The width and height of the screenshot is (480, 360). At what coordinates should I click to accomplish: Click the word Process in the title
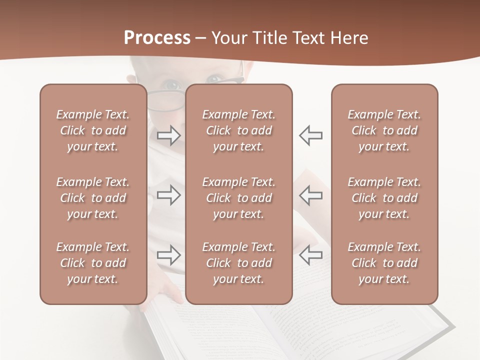[x=157, y=38]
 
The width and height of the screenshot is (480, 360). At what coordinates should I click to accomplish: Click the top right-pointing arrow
[x=169, y=135]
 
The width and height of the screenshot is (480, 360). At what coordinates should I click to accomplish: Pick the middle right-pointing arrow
[x=169, y=195]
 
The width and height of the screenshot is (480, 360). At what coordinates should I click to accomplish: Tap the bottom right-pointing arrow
[x=169, y=255]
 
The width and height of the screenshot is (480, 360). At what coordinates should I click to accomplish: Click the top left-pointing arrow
[x=310, y=135]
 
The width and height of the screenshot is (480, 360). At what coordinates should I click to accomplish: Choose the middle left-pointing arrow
[x=310, y=195]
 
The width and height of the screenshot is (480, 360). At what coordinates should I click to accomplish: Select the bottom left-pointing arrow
[x=310, y=255]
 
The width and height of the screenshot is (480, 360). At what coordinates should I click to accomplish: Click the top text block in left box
[x=93, y=130]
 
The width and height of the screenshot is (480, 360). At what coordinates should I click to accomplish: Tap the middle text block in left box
[x=93, y=198]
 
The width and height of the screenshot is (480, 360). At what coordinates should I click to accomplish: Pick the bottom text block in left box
[x=93, y=263]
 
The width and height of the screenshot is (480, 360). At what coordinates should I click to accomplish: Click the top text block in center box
[x=238, y=130]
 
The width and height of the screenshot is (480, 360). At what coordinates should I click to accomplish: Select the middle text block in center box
[x=238, y=198]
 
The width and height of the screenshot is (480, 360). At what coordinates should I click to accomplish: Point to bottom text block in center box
[x=238, y=263]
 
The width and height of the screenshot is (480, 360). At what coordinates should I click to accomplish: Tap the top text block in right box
[x=384, y=130]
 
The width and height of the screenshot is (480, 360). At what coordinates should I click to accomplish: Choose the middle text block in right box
[x=384, y=198]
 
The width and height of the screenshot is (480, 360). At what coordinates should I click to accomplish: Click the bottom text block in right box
[x=384, y=263]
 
